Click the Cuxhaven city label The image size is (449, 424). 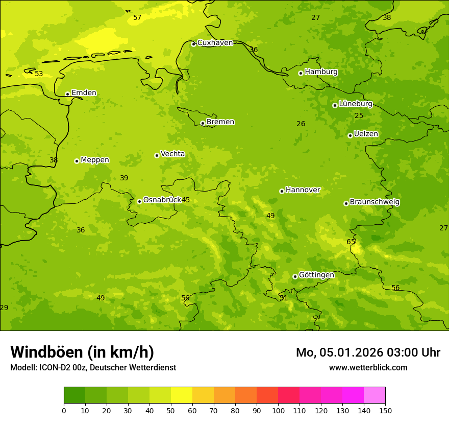[x=215, y=43]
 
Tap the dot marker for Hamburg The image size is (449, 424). [x=301, y=73]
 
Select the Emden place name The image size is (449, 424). [x=84, y=93]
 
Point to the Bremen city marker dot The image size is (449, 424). [x=203, y=123]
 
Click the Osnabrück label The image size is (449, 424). [x=162, y=200]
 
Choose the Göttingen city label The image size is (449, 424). [x=316, y=275]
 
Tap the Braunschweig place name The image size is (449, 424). [x=375, y=202]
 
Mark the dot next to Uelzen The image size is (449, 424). [x=350, y=135]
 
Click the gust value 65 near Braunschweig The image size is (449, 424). [x=351, y=242]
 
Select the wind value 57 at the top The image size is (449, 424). [x=137, y=18]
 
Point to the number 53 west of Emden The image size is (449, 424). [x=39, y=74]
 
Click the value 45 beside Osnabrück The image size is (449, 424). [x=186, y=200]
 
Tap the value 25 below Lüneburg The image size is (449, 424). [x=359, y=116]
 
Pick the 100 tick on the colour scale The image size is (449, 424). [x=278, y=410]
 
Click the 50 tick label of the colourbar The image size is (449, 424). [x=171, y=410]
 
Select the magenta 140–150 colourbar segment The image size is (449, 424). [x=375, y=395]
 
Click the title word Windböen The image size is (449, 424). [x=46, y=352]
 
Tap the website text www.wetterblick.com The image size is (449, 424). [x=368, y=368]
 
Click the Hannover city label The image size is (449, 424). [x=303, y=190]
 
